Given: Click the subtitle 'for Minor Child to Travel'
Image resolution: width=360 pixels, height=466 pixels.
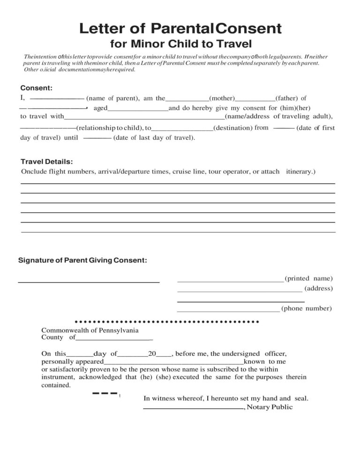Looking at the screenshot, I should (x=181, y=45).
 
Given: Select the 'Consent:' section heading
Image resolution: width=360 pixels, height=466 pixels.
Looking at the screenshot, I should (x=36, y=88).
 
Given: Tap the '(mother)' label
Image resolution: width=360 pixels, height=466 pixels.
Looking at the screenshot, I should (x=222, y=98).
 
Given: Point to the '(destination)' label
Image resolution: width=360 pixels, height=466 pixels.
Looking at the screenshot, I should (x=233, y=128).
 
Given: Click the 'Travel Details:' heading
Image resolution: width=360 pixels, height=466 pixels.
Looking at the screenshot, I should (x=46, y=162).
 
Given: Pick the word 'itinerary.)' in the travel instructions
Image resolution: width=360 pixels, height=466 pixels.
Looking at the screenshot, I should (x=300, y=172).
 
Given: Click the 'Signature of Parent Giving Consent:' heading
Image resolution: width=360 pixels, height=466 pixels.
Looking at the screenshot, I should (x=82, y=260).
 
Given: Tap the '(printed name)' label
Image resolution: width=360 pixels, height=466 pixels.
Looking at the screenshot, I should (x=308, y=278).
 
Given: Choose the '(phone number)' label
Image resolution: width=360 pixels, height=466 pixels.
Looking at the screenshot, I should (x=307, y=308).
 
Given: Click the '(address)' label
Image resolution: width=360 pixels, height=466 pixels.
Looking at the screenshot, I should (x=318, y=288).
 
